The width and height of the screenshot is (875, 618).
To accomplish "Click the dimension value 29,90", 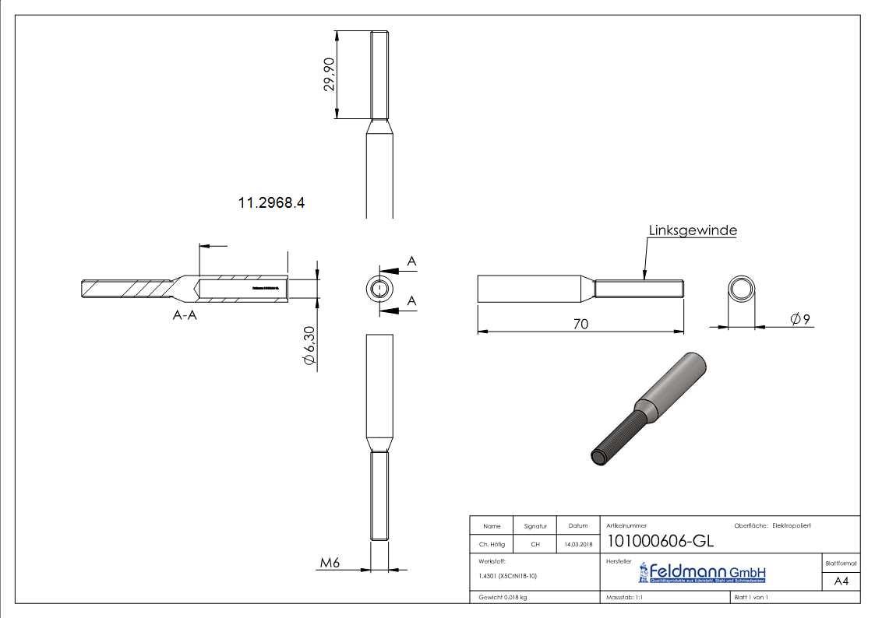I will click(x=330, y=75).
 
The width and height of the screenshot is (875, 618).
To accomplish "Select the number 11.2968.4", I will click(x=271, y=203).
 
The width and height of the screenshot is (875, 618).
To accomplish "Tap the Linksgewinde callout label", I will click(x=693, y=230).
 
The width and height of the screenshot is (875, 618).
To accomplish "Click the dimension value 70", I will click(x=580, y=323).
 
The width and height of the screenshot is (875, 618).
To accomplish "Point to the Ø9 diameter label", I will click(x=801, y=319).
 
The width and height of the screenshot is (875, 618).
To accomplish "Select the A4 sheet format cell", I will click(x=841, y=581).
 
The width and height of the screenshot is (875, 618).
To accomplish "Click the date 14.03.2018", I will click(x=577, y=544).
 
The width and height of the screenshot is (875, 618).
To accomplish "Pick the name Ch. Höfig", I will click(x=492, y=544).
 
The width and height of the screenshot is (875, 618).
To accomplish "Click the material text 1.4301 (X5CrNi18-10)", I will click(x=508, y=576).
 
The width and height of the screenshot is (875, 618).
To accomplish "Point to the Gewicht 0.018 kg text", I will click(x=503, y=597).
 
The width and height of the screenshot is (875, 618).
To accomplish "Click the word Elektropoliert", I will click(x=792, y=525).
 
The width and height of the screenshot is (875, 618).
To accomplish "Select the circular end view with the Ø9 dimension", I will click(x=743, y=290).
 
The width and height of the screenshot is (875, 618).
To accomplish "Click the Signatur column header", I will click(x=535, y=526).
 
